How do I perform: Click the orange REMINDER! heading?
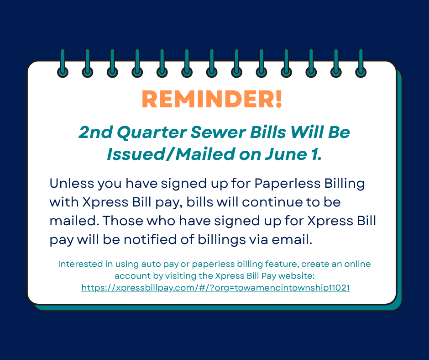pyautogui.click(x=212, y=99)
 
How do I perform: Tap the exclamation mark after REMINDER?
pyautogui.click(x=279, y=99)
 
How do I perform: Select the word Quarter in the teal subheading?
pyautogui.click(x=152, y=132)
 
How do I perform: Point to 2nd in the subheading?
pyautogui.click(x=95, y=132)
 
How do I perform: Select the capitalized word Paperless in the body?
pyautogui.click(x=287, y=184)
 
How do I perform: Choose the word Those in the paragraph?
pyautogui.click(x=123, y=221)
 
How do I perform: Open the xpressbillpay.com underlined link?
pyautogui.click(x=215, y=288)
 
